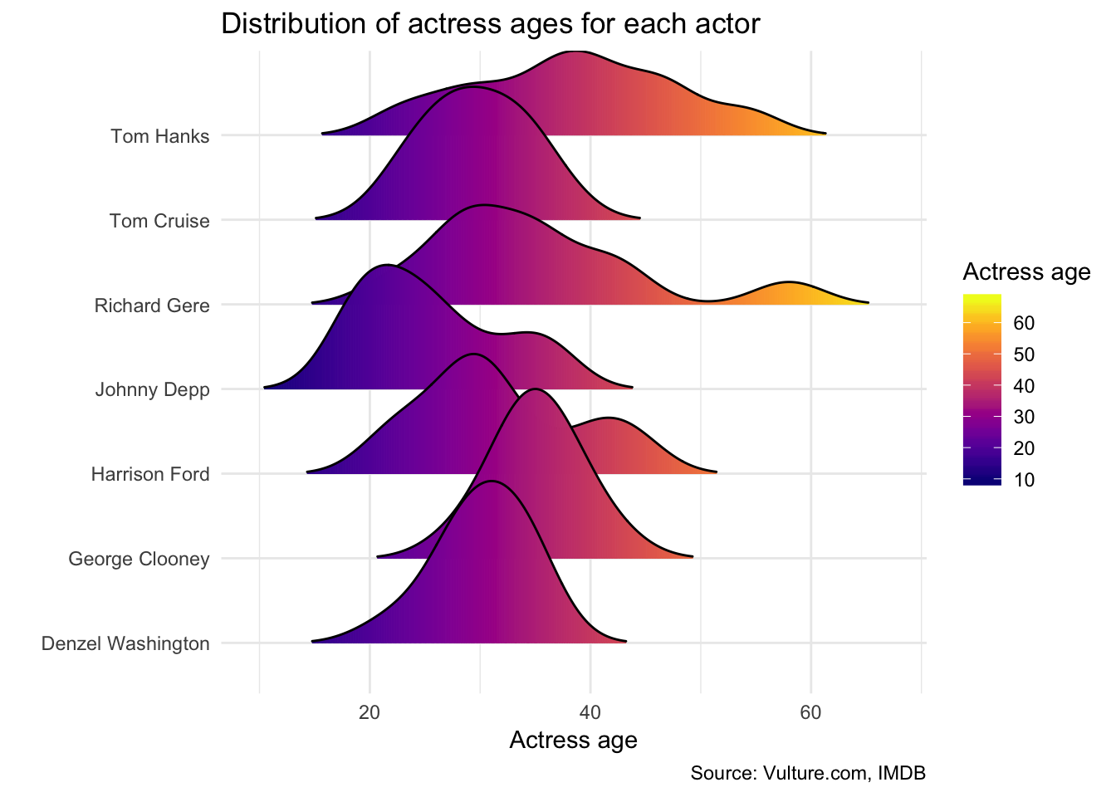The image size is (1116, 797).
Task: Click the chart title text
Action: (x=490, y=23)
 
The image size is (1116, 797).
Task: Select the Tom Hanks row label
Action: (x=159, y=136)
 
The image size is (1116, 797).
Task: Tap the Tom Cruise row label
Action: (x=159, y=221)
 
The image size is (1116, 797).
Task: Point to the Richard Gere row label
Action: (x=152, y=306)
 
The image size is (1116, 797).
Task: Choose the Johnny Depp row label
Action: (x=152, y=389)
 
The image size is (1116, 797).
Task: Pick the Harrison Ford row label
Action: (x=150, y=474)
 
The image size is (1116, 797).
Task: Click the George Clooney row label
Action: (x=139, y=559)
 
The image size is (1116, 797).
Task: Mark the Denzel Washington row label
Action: (x=125, y=643)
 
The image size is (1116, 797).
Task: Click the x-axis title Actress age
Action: (x=573, y=740)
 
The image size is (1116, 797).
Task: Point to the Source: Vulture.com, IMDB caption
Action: (x=808, y=774)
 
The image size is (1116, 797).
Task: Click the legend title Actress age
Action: (x=1026, y=271)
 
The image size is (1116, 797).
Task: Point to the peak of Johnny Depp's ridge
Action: (x=387, y=266)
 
